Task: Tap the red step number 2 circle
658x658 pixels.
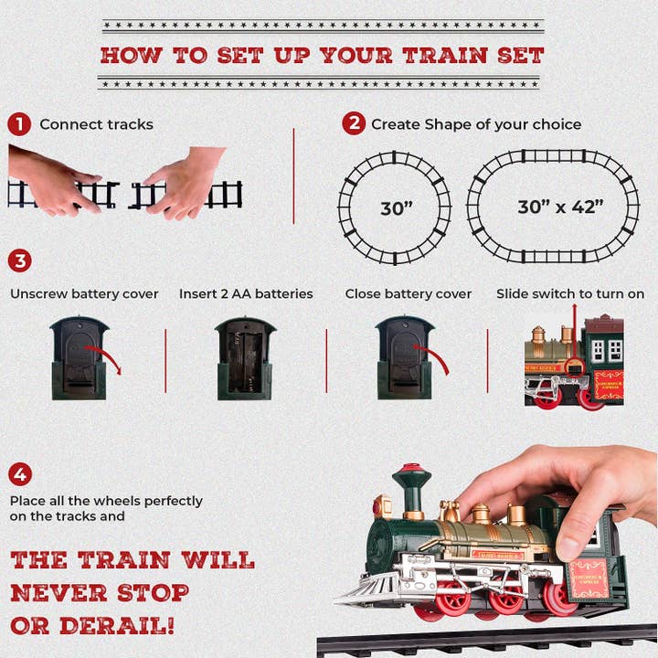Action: click(x=354, y=124)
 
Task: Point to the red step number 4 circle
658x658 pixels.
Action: click(x=20, y=474)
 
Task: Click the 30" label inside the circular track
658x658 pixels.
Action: click(x=397, y=208)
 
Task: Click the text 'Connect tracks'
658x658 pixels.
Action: click(x=96, y=124)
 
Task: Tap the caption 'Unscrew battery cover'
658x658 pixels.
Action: click(x=84, y=294)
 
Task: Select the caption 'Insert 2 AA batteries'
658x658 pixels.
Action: click(x=246, y=294)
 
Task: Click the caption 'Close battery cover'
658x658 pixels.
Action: click(x=409, y=294)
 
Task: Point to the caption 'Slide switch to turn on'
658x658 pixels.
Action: click(x=570, y=294)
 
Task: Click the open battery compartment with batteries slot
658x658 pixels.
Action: click(x=245, y=358)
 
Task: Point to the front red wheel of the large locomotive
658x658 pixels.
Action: click(x=451, y=598)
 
